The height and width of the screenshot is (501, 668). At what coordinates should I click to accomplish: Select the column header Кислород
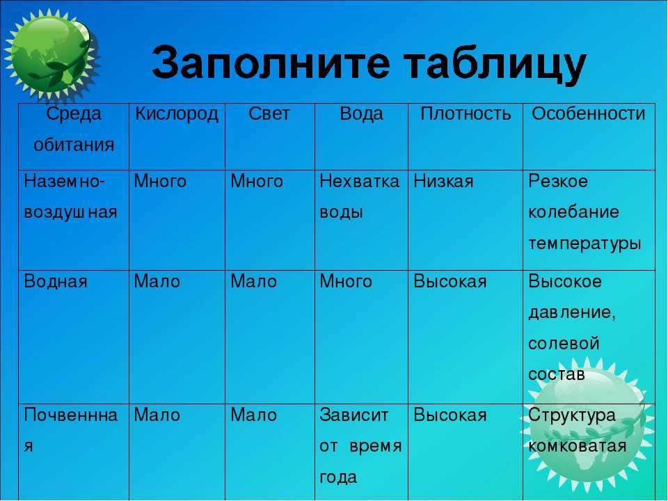(176, 114)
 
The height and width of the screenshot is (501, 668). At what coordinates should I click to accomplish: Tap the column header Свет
(269, 113)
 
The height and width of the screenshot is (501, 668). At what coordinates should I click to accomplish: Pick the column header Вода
(361, 114)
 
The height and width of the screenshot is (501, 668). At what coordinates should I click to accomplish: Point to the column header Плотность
(466, 113)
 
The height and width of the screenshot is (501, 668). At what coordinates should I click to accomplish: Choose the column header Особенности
(589, 113)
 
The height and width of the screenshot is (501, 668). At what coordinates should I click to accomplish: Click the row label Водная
(56, 282)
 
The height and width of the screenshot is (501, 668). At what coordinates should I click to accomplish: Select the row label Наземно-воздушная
(70, 197)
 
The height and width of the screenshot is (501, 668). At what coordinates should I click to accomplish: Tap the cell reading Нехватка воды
(359, 197)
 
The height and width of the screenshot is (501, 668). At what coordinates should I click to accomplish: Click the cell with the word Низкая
(443, 182)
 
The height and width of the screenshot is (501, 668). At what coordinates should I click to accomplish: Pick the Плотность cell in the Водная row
(450, 282)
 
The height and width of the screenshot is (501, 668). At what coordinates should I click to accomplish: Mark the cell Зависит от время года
(360, 446)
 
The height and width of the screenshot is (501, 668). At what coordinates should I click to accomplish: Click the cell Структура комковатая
(578, 430)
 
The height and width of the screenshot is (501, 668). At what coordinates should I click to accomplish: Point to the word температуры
(584, 244)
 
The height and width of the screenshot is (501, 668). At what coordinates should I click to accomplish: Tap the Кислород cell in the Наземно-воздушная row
(160, 182)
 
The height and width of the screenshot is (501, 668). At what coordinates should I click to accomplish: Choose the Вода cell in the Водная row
(346, 282)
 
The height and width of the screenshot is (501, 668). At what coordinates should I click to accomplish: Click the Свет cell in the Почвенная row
(253, 415)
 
